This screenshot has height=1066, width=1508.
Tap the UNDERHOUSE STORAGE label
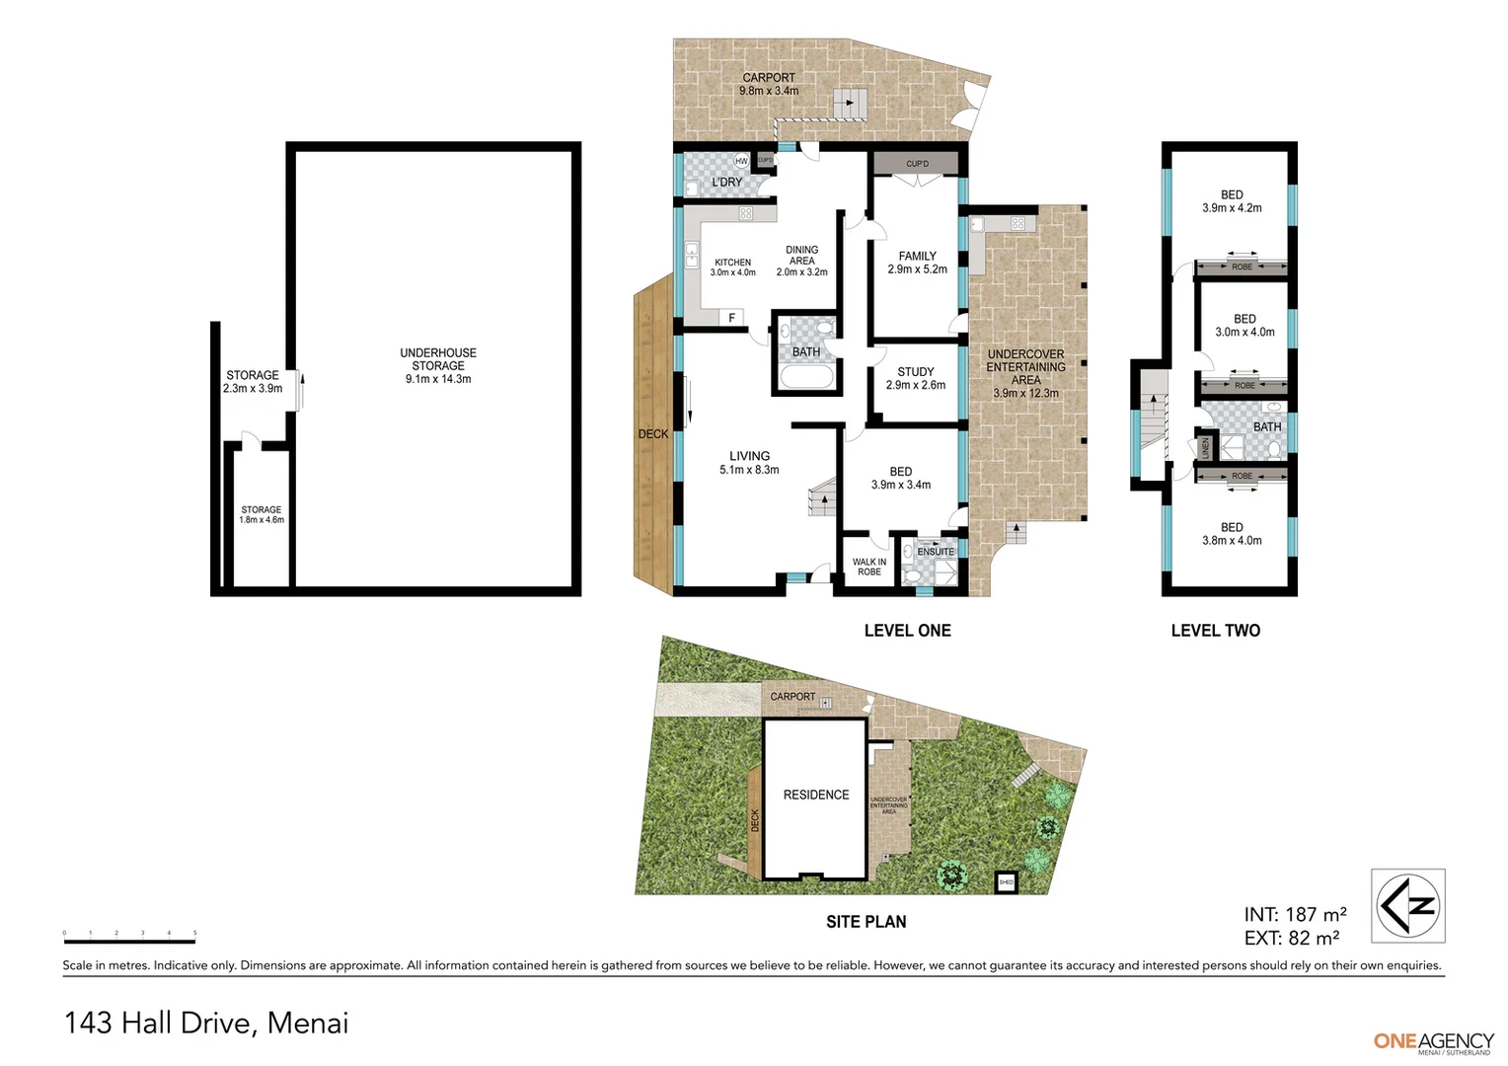438,359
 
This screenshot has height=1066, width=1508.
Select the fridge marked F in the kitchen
732,318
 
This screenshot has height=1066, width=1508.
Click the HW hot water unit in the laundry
740,161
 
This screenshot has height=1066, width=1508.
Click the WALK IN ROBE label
869,567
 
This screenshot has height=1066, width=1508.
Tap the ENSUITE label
936,552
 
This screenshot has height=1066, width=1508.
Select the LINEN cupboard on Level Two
1205,448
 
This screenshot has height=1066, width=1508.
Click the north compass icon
1408,905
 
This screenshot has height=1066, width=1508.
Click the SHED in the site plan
1007,881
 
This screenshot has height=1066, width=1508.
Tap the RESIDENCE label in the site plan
816,795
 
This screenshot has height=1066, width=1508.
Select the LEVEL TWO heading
1215,631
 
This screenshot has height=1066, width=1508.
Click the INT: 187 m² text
1295,915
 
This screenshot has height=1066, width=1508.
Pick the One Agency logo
1433,1042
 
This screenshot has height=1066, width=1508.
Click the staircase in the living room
822,497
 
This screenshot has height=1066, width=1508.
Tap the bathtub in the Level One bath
806,377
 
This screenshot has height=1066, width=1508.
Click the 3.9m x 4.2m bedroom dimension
1232,208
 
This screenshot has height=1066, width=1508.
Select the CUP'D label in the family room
917,164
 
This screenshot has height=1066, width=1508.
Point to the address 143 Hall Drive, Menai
206,1023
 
